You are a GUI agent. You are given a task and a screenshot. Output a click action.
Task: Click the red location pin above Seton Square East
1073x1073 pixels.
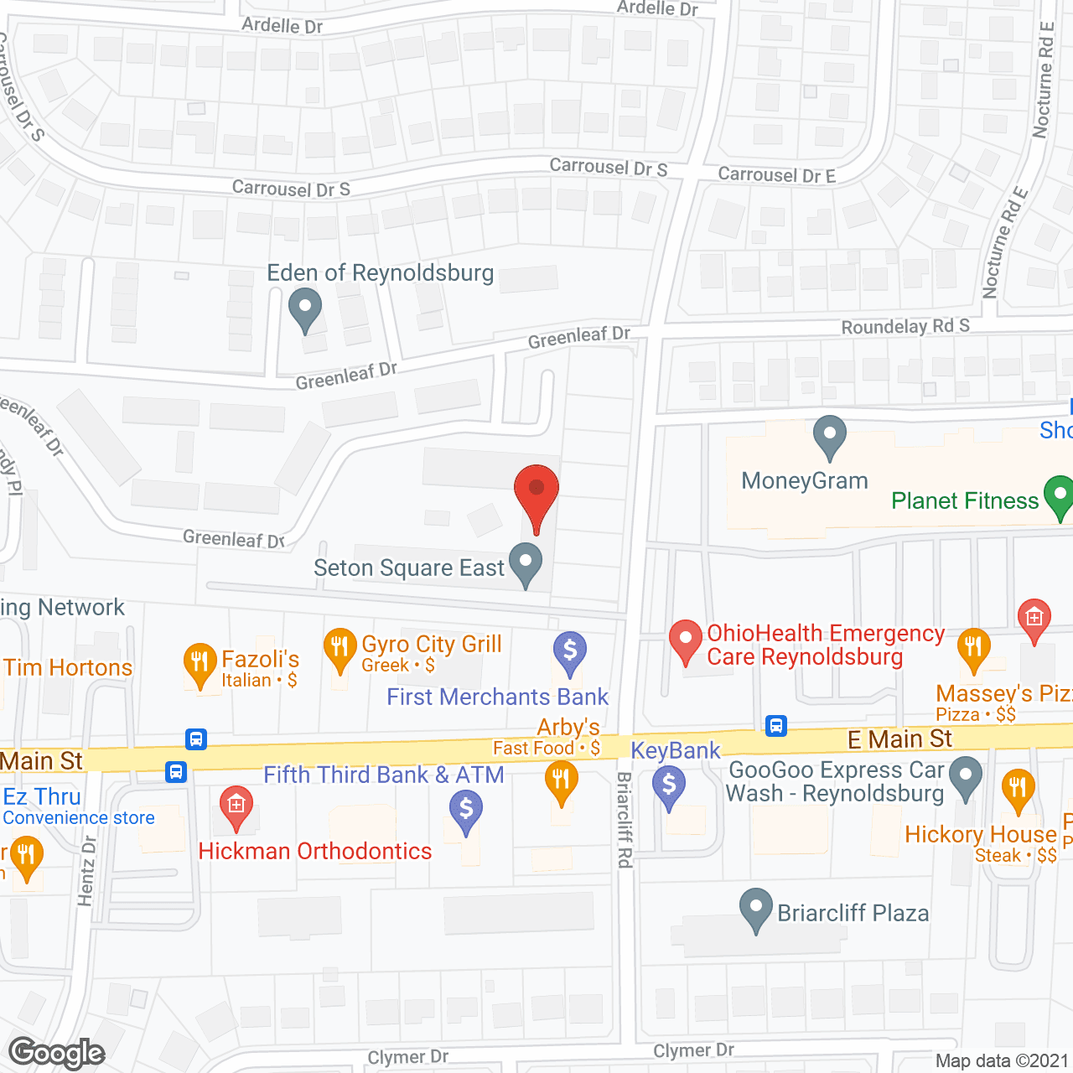[536, 490]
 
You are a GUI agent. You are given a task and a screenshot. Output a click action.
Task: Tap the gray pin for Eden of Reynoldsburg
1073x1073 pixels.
[305, 308]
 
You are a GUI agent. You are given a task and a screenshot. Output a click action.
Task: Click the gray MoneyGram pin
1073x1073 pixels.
[830, 436]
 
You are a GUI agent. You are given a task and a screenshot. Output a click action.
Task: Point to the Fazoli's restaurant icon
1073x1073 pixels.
[200, 663]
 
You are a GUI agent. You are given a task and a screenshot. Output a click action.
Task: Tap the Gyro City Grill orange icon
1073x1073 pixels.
[340, 649]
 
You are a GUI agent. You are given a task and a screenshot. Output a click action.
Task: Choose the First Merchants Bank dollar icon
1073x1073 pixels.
[570, 651]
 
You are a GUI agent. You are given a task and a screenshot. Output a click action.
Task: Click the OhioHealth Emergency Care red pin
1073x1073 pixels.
[686, 640]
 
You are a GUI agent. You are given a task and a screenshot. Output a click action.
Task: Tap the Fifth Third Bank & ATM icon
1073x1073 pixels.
[466, 811]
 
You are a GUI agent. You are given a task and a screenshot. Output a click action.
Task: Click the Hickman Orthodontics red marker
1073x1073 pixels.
[236, 806]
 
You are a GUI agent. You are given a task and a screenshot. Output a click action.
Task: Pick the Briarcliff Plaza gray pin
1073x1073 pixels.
[756, 908]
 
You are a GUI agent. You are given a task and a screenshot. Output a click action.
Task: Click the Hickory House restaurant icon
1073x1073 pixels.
[1018, 789]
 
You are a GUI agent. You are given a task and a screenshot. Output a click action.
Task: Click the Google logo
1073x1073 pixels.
[57, 1053]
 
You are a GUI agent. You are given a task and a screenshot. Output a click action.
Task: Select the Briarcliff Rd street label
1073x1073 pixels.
[625, 820]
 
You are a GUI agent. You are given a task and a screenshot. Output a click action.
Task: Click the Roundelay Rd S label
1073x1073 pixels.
[905, 326]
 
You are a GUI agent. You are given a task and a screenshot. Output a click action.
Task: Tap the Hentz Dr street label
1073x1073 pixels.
[87, 870]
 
